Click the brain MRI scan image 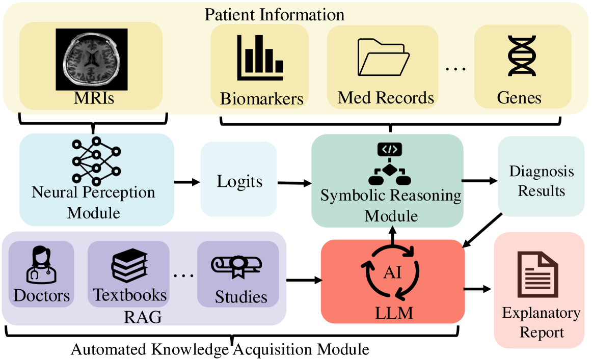click(x=91, y=59)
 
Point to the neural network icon click(x=96, y=160)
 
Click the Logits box click(x=239, y=181)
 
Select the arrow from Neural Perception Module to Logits click(x=187, y=181)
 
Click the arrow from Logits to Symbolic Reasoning click(x=294, y=182)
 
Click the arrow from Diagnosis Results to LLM click(x=481, y=229)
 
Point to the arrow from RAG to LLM click(x=305, y=280)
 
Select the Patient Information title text click(x=274, y=14)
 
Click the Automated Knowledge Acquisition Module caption click(x=220, y=350)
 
